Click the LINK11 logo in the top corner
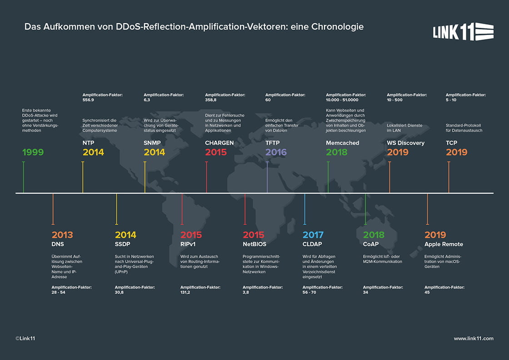click(463, 31)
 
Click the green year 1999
click(33, 152)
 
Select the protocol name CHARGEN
click(220, 143)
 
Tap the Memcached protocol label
click(342, 143)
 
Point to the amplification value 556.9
click(88, 100)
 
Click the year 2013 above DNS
click(62, 235)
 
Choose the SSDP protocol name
click(123, 244)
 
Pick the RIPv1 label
click(189, 244)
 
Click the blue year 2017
click(313, 235)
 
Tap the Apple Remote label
click(444, 244)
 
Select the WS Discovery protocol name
click(405, 143)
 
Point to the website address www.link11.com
click(474, 338)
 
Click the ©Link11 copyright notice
click(26, 338)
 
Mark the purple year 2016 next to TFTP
click(276, 152)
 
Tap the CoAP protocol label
click(371, 244)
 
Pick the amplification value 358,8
click(211, 100)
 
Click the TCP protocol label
click(451, 143)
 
